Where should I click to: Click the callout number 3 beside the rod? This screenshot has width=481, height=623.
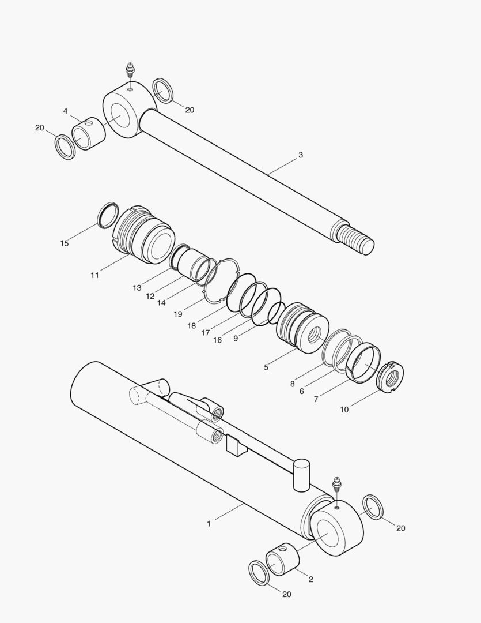(x=301, y=155)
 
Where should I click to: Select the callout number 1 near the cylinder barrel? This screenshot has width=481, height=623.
(x=209, y=524)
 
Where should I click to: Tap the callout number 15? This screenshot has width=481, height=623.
(x=65, y=243)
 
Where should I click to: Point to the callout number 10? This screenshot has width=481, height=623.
(x=344, y=410)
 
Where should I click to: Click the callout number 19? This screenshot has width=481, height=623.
(x=178, y=314)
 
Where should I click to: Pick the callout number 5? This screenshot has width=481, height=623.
(x=266, y=367)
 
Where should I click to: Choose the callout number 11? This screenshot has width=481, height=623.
(x=94, y=275)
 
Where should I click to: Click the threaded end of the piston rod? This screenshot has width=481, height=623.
(x=355, y=238)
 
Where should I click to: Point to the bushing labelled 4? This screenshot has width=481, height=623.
(x=89, y=133)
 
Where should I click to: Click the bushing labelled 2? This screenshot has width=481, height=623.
(x=282, y=561)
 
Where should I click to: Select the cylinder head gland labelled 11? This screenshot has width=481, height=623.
(x=144, y=237)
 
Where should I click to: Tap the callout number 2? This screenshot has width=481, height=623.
(x=311, y=579)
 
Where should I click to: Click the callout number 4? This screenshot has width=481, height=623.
(x=65, y=111)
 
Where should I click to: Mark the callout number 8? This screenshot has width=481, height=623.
(x=293, y=383)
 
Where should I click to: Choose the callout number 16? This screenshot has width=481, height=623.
(x=217, y=340)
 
